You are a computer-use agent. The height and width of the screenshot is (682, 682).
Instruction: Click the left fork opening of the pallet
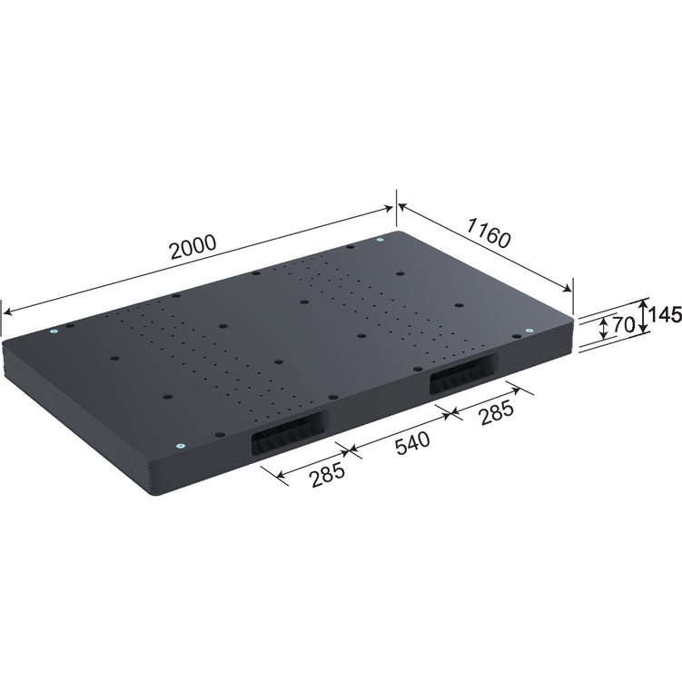click(x=291, y=439)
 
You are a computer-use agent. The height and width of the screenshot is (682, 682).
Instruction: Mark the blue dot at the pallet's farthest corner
click(x=380, y=241)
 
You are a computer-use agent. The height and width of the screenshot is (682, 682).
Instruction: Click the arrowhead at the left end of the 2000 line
click(x=8, y=311)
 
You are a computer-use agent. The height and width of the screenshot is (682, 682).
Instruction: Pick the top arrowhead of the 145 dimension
click(x=644, y=302)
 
